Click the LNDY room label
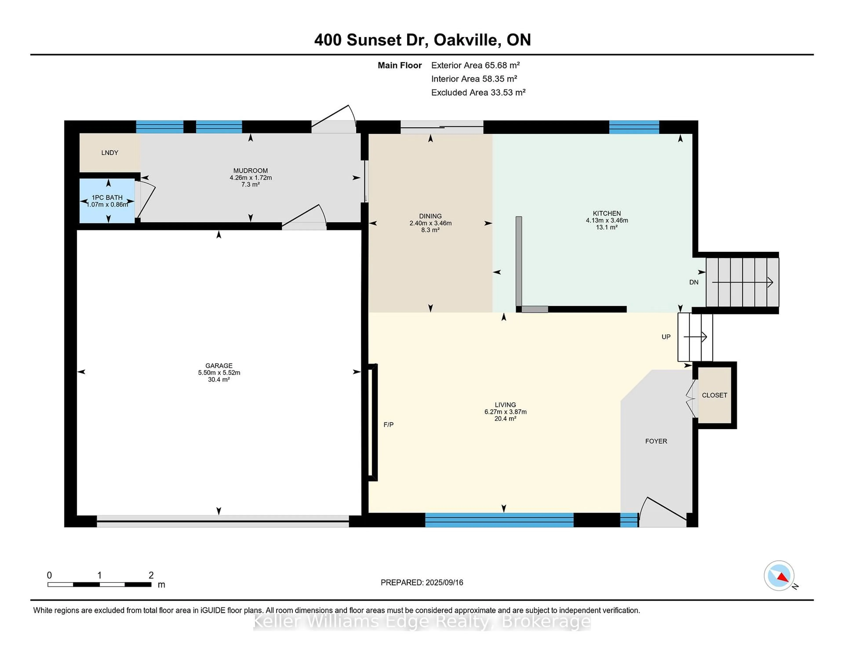coord(110,153)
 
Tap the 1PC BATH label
coord(107,198)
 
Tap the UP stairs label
coord(666,337)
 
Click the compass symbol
coord(779,576)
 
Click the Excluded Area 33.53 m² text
coord(478,92)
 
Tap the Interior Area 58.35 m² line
coord(474,79)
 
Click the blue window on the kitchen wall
coord(634,127)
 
